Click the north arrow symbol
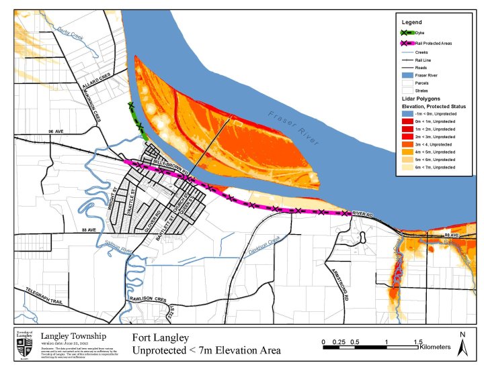tap(462, 343)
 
